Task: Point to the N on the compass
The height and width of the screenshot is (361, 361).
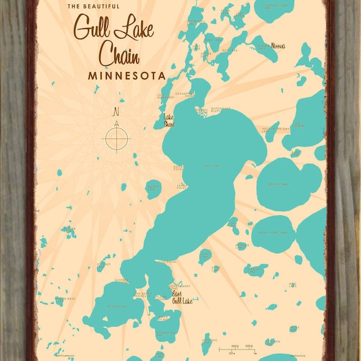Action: click(x=117, y=112)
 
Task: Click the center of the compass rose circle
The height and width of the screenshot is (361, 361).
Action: click(x=117, y=138)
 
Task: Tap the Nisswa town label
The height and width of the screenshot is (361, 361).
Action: click(x=278, y=46)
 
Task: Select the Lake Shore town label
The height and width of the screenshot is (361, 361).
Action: click(x=170, y=121)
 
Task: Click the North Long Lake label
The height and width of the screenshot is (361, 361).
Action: click(x=273, y=232)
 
